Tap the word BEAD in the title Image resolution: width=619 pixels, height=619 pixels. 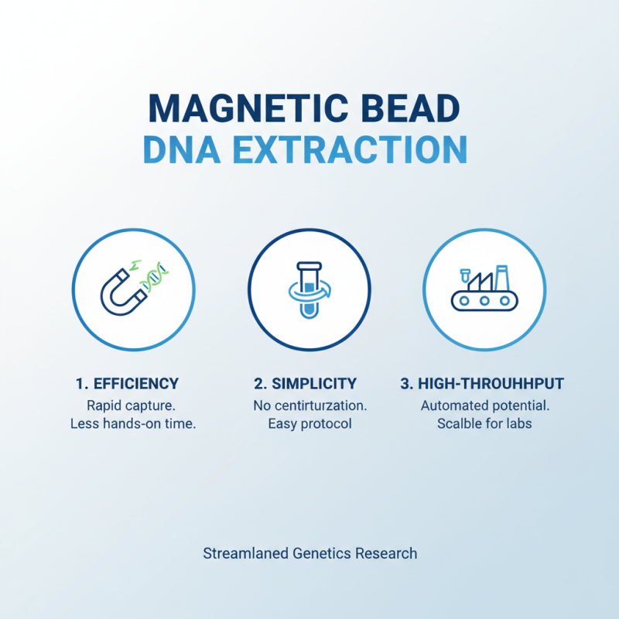coord(420,109)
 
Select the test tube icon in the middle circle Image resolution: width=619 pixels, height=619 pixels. coord(309,289)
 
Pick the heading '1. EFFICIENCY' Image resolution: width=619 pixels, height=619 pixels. coord(128,383)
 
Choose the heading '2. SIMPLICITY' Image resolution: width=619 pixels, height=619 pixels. coord(306,383)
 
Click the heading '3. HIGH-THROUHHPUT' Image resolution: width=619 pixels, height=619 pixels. coord(482,383)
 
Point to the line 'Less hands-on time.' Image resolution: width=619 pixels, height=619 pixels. coord(132,424)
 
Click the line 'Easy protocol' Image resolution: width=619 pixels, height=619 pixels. coord(309,424)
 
